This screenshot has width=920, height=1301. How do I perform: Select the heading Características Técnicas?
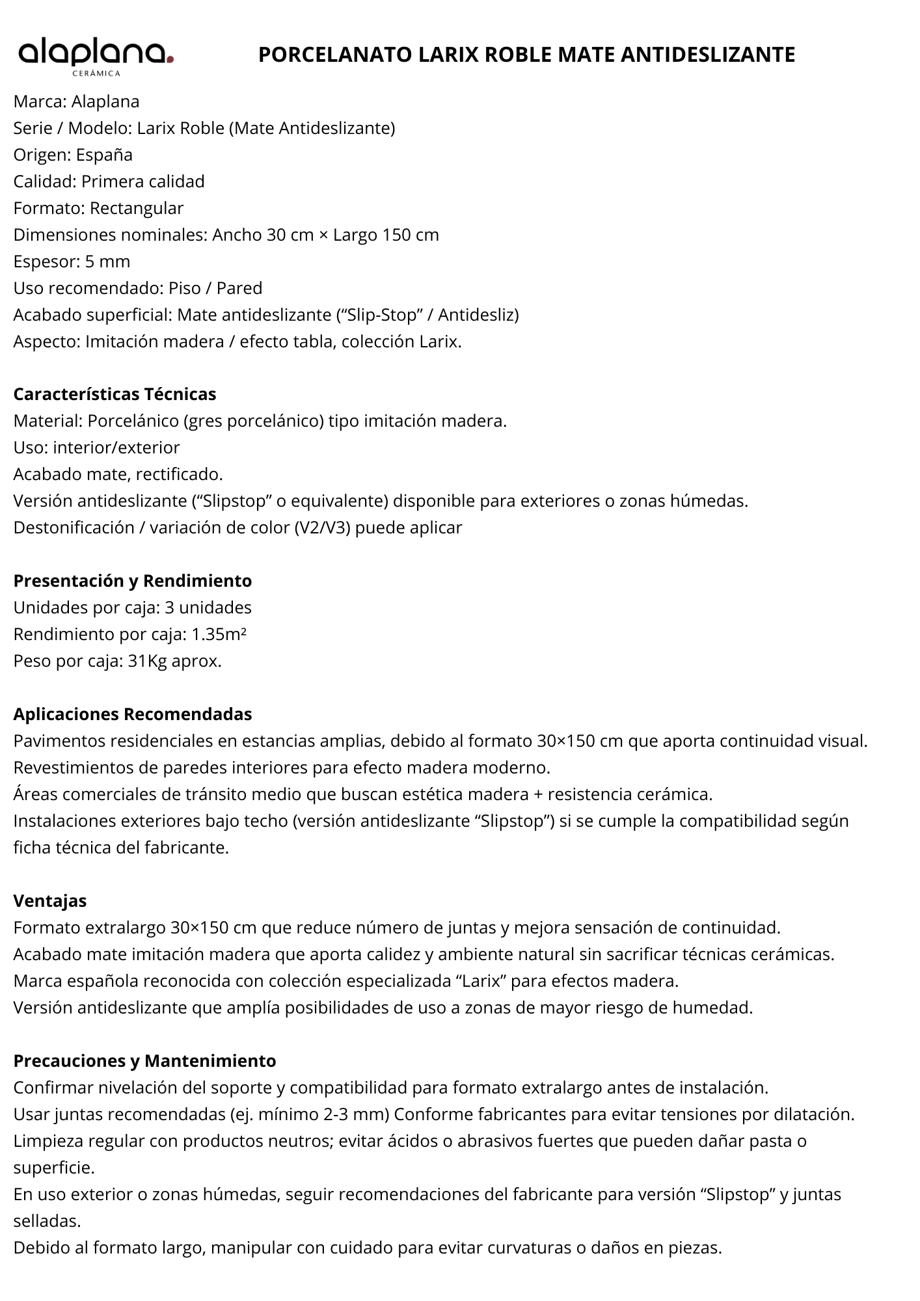[115, 394]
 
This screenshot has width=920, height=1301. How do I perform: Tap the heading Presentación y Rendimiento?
[133, 580]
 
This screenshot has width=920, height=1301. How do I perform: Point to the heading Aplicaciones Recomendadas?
[133, 714]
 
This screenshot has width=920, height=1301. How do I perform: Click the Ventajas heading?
[50, 901]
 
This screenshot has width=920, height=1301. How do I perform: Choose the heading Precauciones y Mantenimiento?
[145, 1061]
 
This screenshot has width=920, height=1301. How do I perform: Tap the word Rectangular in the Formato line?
[137, 208]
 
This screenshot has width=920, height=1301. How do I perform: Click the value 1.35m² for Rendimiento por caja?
[219, 634]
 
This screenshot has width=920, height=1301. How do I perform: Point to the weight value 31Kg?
[147, 661]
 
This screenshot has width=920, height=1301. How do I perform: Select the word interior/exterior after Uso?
[116, 448]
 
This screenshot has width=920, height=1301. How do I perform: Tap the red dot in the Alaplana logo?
[170, 60]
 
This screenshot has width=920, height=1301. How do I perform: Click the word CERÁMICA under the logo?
[96, 74]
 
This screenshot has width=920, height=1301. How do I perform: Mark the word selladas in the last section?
[47, 1221]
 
